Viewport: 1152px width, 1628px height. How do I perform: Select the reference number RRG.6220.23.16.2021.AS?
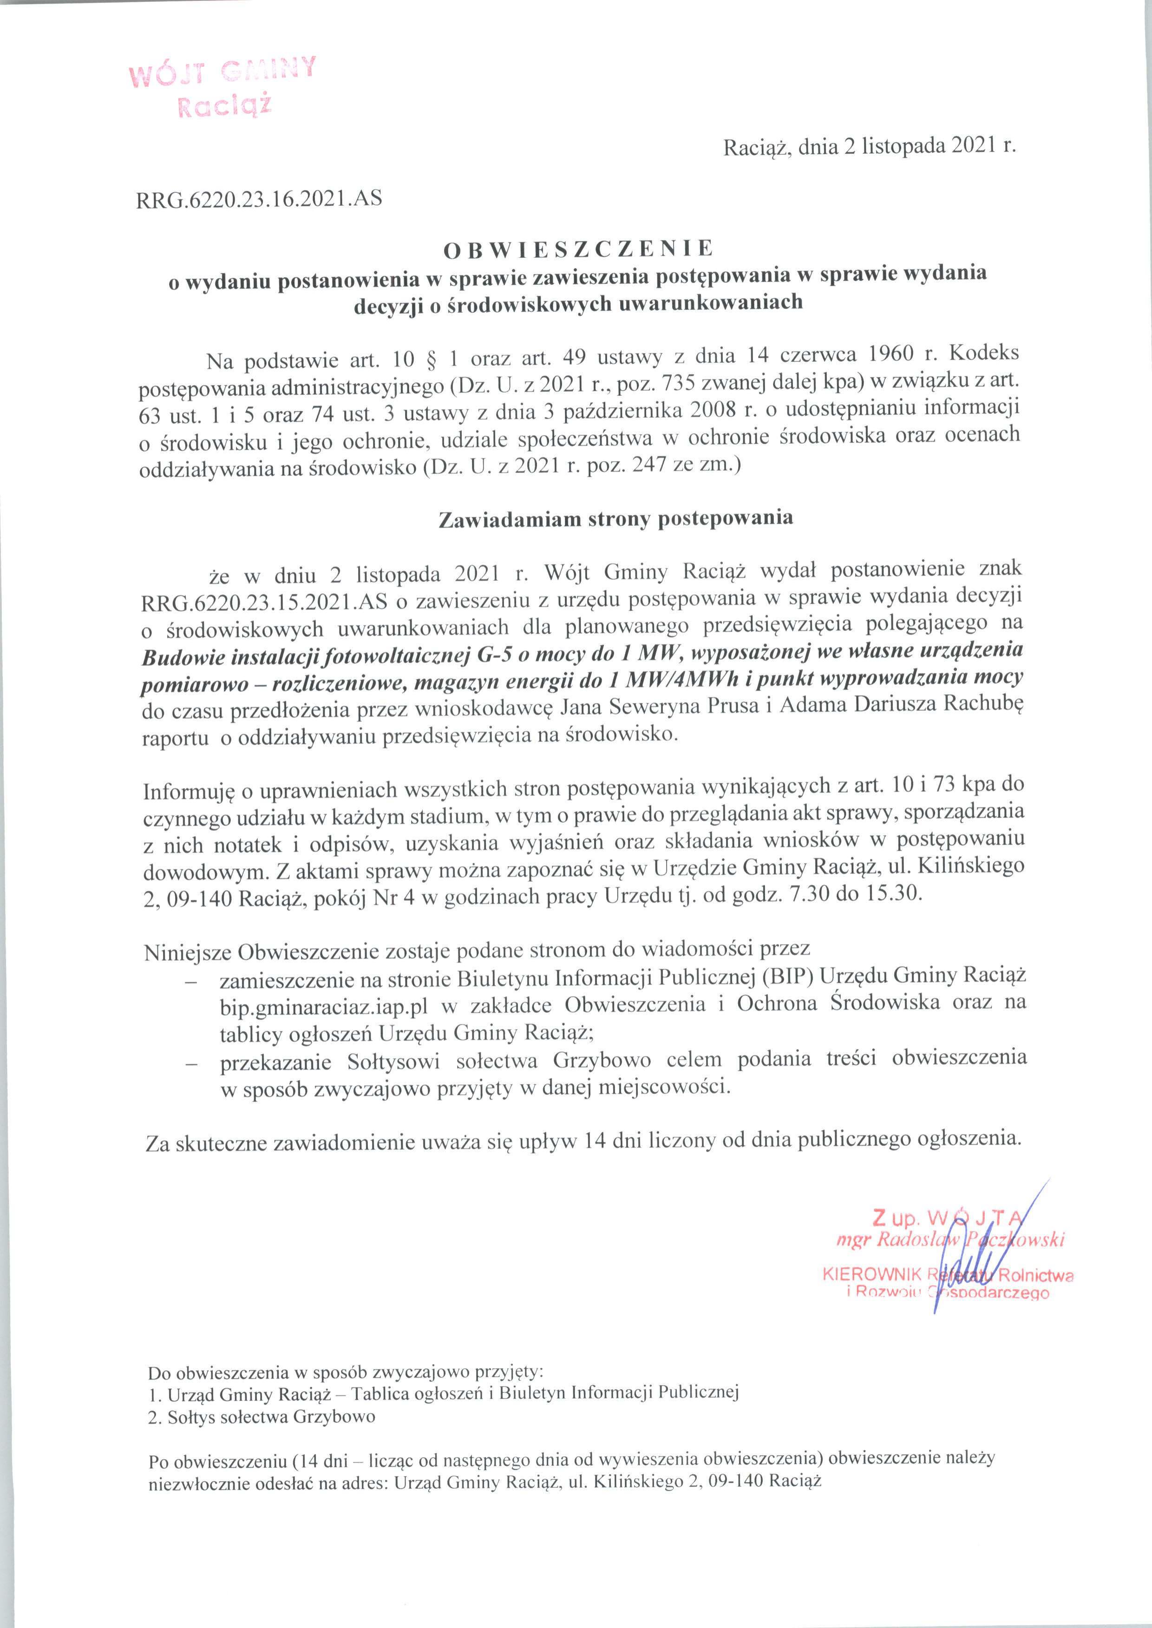coord(259,199)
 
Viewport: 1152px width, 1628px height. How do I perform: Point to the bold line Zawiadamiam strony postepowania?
coord(616,519)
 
